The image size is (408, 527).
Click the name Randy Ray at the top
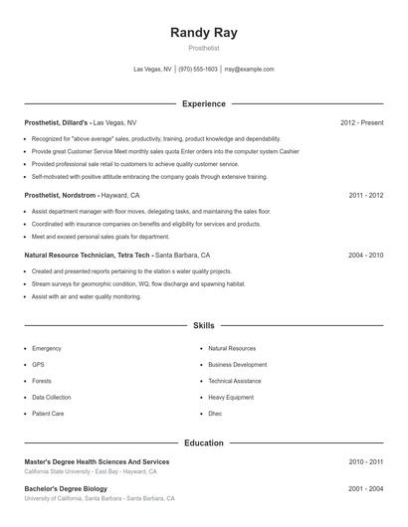coord(204,32)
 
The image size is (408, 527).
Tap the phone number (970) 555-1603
coord(198,70)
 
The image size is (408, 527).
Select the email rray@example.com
coord(249,70)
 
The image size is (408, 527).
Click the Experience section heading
coord(204,103)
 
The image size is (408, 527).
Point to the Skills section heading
coord(204,325)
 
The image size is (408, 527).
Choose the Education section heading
coord(204,442)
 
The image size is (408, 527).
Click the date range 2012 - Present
coord(361,122)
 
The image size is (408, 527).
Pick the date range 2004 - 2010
coord(365,256)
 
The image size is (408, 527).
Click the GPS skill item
coord(38,365)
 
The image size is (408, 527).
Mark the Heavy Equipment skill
coord(231,397)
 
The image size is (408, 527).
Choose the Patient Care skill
coord(48,413)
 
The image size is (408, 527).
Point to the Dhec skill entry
coord(215,413)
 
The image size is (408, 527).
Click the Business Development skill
coord(237,365)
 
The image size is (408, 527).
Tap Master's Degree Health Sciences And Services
coord(97,461)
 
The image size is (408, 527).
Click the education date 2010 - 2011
coord(365,461)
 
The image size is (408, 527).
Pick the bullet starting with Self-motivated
coord(149,176)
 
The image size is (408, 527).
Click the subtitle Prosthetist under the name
coord(204,48)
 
